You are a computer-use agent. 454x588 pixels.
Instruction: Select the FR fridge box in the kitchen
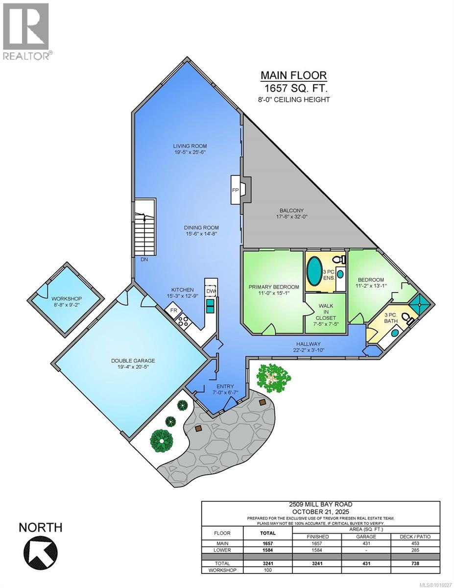pyautogui.click(x=173, y=310)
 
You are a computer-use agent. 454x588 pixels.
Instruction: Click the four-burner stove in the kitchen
pyautogui.click(x=183, y=321)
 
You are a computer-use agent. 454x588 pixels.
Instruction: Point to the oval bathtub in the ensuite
pyautogui.click(x=314, y=269)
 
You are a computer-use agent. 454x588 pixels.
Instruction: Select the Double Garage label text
pyautogui.click(x=133, y=361)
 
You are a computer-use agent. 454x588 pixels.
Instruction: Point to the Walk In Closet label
pyautogui.click(x=326, y=311)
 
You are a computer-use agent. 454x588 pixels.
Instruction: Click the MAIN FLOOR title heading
pyautogui.click(x=293, y=75)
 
